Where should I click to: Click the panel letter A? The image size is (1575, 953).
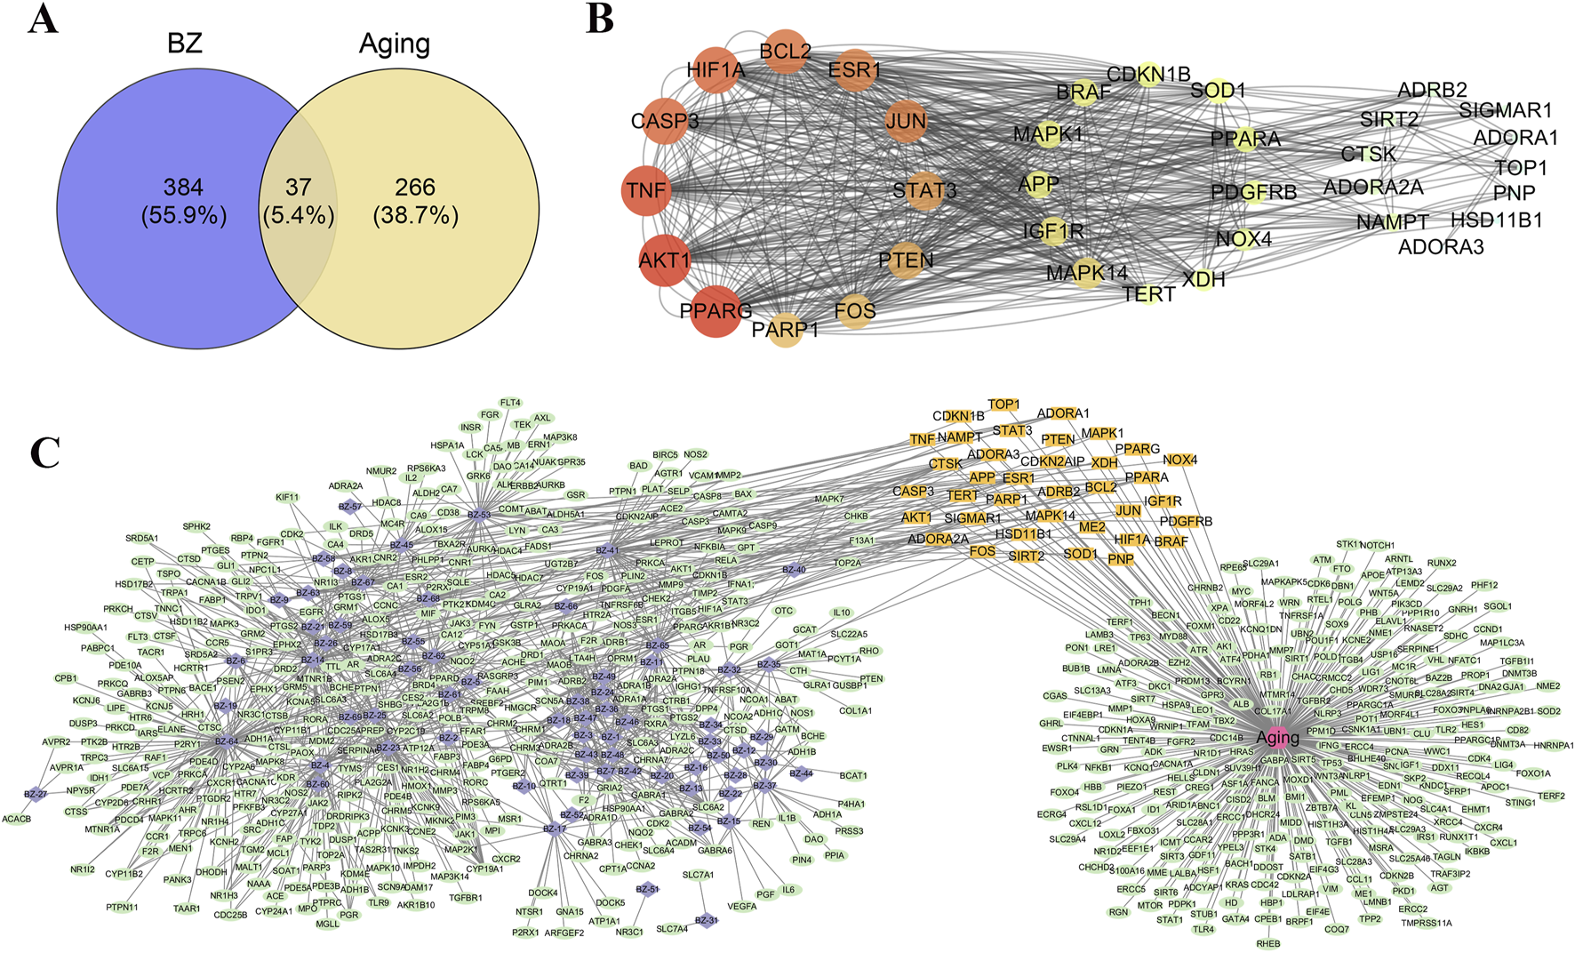(42, 20)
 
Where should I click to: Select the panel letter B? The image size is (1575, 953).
(600, 20)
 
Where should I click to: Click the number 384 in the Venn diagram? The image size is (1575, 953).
(183, 188)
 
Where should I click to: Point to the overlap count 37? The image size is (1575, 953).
(298, 188)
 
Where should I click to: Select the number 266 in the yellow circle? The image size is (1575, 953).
(415, 188)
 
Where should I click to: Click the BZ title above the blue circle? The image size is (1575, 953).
(185, 44)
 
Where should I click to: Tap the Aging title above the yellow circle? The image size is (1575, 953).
(394, 44)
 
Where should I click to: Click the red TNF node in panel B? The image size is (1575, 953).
(646, 190)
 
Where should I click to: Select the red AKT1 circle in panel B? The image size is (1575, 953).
(665, 260)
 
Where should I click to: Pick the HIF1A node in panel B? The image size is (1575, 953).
(716, 70)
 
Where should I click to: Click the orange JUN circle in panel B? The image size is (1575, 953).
(906, 121)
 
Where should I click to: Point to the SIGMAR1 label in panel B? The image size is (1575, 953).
(1506, 110)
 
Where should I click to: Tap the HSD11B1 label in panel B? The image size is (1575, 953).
(1497, 220)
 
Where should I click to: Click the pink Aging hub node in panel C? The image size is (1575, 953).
(1277, 738)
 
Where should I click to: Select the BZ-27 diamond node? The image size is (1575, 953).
(36, 794)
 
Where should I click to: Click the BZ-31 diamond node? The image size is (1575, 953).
(706, 921)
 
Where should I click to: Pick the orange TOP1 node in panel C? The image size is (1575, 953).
(1004, 404)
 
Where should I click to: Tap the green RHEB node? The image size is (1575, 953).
(1268, 943)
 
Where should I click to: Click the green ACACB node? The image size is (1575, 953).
(17, 819)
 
